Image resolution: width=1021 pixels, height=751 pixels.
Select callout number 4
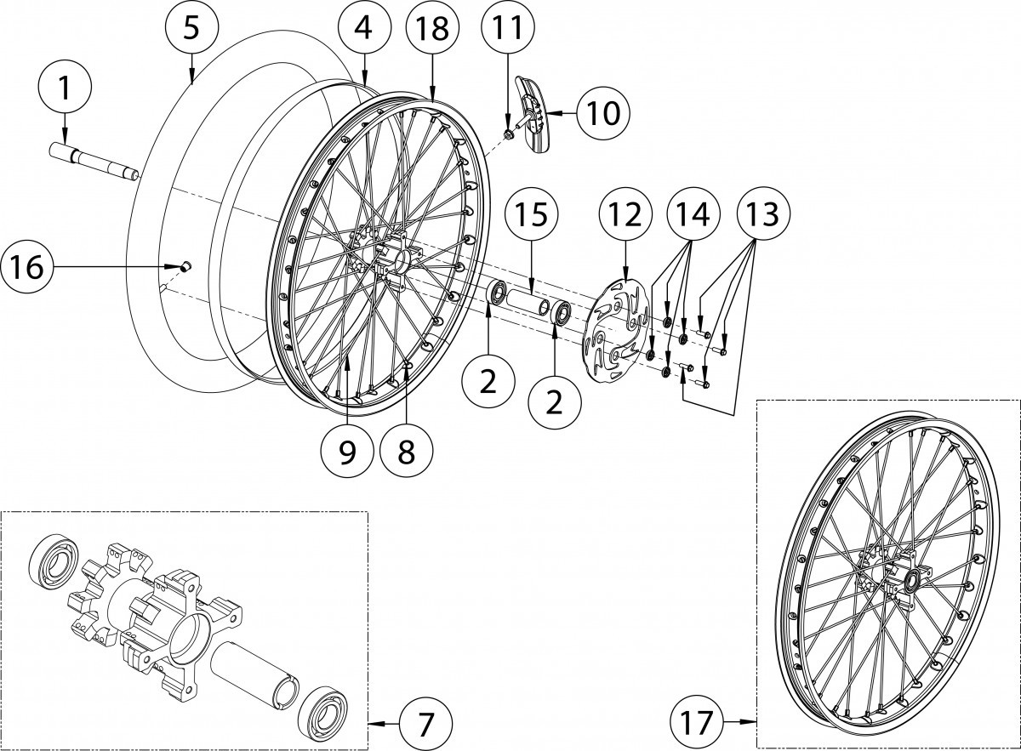(363, 27)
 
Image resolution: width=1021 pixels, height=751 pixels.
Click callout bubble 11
(507, 27)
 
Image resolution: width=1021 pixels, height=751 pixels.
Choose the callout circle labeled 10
(603, 112)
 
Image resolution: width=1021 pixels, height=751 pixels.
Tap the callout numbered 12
(625, 215)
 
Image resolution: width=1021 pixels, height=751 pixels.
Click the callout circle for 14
(693, 215)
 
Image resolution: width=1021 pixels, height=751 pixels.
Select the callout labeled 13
(763, 215)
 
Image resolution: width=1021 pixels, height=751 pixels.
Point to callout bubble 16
(27, 267)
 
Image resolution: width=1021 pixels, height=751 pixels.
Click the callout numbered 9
(347, 451)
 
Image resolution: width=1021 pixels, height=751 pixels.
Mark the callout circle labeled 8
(406, 451)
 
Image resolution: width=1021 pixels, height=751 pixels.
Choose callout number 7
(425, 724)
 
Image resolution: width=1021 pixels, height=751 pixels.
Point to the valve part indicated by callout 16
(184, 267)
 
